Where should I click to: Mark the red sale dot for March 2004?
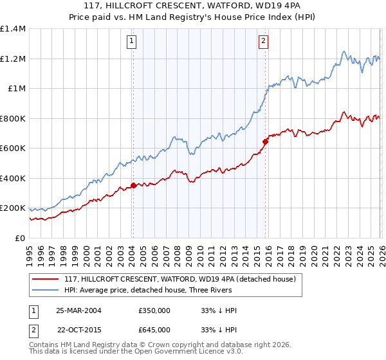click(133, 186)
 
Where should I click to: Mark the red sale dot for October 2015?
click(265, 141)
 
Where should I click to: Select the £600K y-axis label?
click(13, 148)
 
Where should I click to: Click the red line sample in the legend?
click(45, 280)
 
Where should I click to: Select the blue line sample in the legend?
click(45, 290)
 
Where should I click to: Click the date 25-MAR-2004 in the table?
click(78, 310)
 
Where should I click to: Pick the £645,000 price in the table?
click(154, 330)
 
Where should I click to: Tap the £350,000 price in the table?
click(154, 310)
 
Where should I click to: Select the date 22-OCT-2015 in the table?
click(78, 330)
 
